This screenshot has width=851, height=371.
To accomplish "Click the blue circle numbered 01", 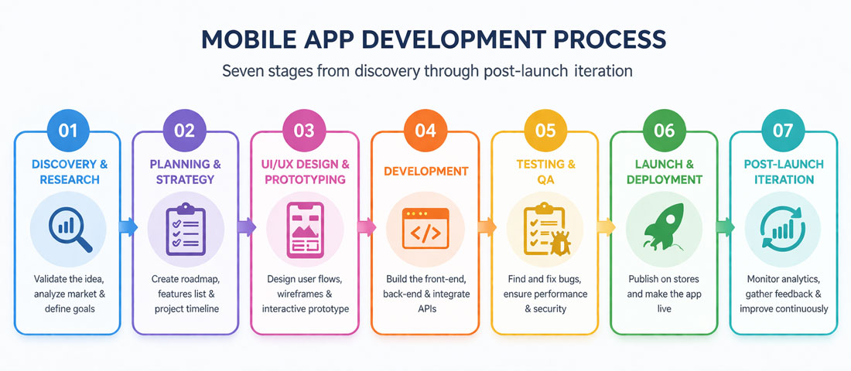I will (x=68, y=130).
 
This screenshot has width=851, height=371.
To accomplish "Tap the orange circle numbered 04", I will (x=425, y=130).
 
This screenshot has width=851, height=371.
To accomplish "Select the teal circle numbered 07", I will (x=783, y=130).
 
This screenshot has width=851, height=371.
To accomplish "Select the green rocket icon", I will (x=664, y=227).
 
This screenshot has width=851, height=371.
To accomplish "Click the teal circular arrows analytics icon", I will (x=783, y=227).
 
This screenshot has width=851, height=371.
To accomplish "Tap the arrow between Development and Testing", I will (x=487, y=226).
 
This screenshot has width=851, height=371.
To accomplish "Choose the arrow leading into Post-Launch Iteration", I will (x=725, y=226).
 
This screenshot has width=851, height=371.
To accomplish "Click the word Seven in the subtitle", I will (x=246, y=71).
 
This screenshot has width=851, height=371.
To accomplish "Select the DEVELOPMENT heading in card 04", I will (x=425, y=171).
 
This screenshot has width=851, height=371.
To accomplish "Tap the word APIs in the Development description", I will (x=425, y=309).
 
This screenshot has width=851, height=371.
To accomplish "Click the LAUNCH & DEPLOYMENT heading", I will (x=664, y=172).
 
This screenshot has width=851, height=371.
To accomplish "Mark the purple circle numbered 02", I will (x=184, y=130).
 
